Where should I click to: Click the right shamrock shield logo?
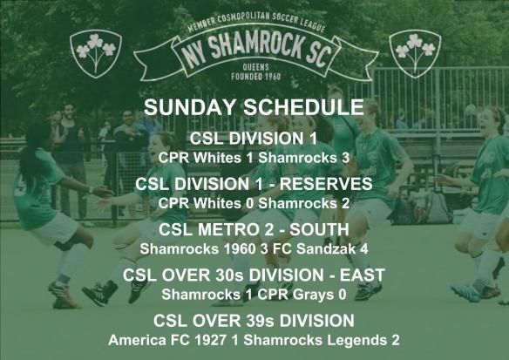[x=414, y=51]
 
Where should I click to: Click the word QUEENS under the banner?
[x=254, y=75]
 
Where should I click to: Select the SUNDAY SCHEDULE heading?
[x=254, y=108]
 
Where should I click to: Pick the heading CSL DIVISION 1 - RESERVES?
[x=254, y=184]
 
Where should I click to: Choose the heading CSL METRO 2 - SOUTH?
[x=254, y=230]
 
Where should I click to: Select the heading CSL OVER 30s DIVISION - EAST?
[x=254, y=275]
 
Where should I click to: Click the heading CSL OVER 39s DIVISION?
[x=254, y=321]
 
